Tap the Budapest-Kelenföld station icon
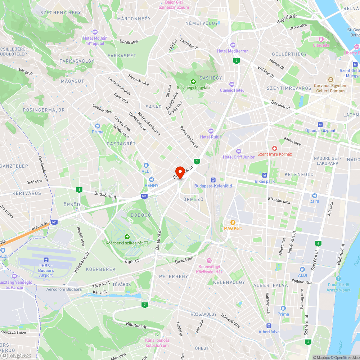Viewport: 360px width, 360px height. (213, 180)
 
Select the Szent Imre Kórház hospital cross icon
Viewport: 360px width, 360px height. (275, 148)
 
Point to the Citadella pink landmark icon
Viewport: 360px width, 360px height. (321, 39)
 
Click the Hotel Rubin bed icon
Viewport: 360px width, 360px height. (211, 131)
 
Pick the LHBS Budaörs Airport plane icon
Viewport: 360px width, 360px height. (46, 260)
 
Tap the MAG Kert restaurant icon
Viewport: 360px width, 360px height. (233, 222)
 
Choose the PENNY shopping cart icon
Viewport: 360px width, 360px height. (152, 179)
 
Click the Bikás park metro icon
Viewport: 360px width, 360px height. (265, 175)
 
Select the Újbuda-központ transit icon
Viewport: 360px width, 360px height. (320, 125)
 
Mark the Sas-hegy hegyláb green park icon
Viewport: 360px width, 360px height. (193, 81)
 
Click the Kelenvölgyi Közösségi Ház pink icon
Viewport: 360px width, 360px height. (209, 261)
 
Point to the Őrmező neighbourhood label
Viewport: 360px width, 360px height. (193, 199)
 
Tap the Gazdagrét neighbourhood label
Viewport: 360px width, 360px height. (121, 144)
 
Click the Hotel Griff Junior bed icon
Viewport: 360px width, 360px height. (238, 151)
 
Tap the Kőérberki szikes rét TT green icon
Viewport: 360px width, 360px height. (127, 237)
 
